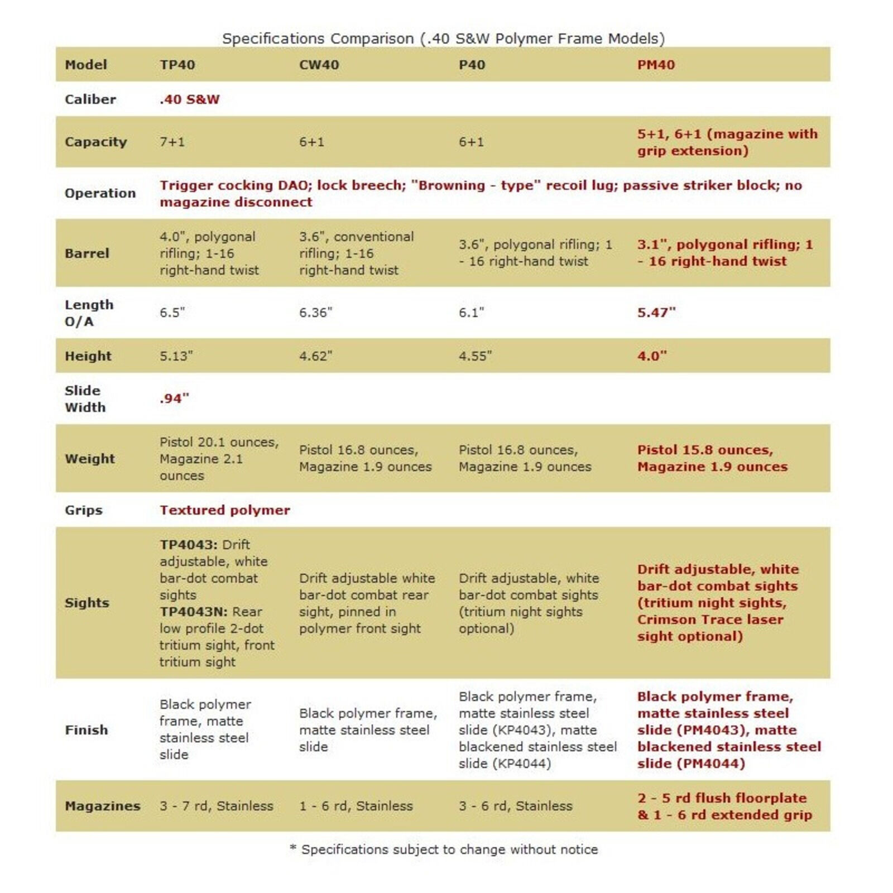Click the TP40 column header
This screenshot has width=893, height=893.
pyautogui.click(x=177, y=65)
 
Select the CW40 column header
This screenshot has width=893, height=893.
pyautogui.click(x=319, y=65)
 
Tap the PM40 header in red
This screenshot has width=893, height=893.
pyautogui.click(x=656, y=65)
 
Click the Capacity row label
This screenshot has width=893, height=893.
pyautogui.click(x=96, y=142)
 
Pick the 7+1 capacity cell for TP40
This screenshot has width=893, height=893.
pyautogui.click(x=172, y=142)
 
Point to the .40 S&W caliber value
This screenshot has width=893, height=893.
pyautogui.click(x=189, y=99)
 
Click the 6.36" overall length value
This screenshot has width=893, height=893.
pyautogui.click(x=315, y=313)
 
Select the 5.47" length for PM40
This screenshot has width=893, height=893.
pyautogui.click(x=656, y=313)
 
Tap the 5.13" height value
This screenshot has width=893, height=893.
pyautogui.click(x=176, y=356)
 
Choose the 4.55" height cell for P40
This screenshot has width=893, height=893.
pyautogui.click(x=475, y=356)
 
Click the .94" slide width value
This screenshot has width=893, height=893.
pyautogui.click(x=174, y=399)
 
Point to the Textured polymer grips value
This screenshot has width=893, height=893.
pyautogui.click(x=224, y=510)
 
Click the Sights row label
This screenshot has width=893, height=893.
pyautogui.click(x=87, y=603)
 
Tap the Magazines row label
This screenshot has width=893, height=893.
pyautogui.click(x=103, y=806)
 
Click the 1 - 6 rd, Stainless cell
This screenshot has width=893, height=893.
pyautogui.click(x=356, y=806)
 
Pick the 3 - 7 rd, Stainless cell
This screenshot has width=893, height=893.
pyautogui.click(x=216, y=806)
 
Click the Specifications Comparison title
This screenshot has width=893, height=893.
pyautogui.click(x=443, y=39)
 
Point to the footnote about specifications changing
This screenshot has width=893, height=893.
pyautogui.click(x=444, y=849)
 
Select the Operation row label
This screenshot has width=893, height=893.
pyautogui.click(x=100, y=193)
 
